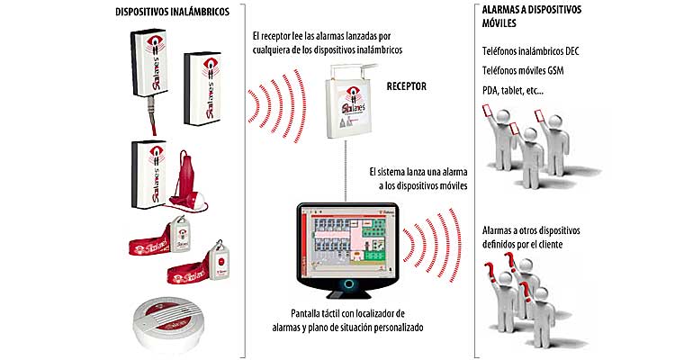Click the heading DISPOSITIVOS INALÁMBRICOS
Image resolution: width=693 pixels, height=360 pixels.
pyautogui.click(x=172, y=12)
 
